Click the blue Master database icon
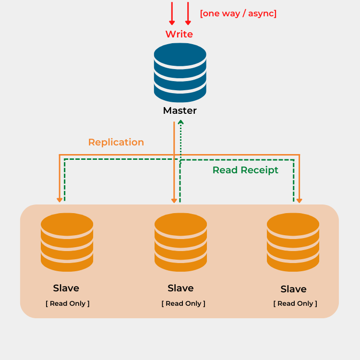(x=180, y=72)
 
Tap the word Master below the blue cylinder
(x=180, y=110)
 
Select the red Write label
(x=179, y=34)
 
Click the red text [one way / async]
(x=238, y=13)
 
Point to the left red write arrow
(x=172, y=14)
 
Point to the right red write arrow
(x=188, y=14)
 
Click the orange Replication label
(x=116, y=142)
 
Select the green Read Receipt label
(x=245, y=170)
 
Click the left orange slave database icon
(x=67, y=242)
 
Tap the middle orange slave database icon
(x=180, y=242)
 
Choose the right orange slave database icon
(x=293, y=242)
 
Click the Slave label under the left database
(x=66, y=288)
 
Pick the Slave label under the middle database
(x=180, y=288)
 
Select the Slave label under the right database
(x=293, y=289)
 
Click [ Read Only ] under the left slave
(x=68, y=303)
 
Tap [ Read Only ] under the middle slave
(x=183, y=303)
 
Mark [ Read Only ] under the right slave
(x=295, y=303)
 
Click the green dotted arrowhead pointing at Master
(x=180, y=123)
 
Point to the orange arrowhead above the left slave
(x=60, y=199)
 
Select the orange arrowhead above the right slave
(x=300, y=199)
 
